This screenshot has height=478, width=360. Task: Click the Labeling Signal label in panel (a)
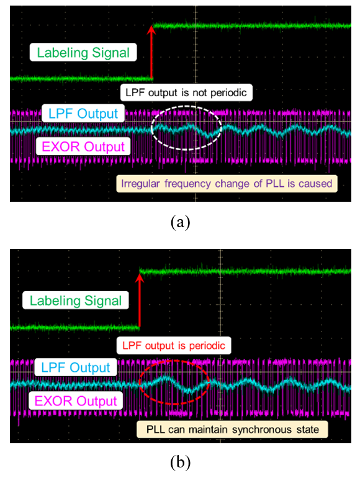pyautogui.click(x=83, y=52)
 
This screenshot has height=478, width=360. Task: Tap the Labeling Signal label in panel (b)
pyautogui.click(x=76, y=300)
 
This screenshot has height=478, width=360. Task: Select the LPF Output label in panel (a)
pyautogui.click(x=83, y=114)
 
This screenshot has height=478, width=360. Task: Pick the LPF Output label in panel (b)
pyautogui.click(x=76, y=368)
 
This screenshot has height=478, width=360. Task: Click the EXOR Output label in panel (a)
pyautogui.click(x=83, y=147)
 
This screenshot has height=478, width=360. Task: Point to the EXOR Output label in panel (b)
pyautogui.click(x=76, y=400)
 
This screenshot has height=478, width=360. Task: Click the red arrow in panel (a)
pyautogui.click(x=151, y=52)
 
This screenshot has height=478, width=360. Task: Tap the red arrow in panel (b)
pyautogui.click(x=140, y=300)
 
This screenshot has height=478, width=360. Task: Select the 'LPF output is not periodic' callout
pyautogui.click(x=186, y=92)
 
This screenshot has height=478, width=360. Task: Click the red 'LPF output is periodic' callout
pyautogui.click(x=174, y=345)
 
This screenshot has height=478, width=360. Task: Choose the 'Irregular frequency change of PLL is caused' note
pyautogui.click(x=227, y=184)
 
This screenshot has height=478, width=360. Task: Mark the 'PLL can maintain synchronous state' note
pyautogui.click(x=232, y=430)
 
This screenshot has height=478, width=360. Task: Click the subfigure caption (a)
pyautogui.click(x=181, y=222)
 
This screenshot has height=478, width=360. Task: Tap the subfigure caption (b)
pyautogui.click(x=181, y=462)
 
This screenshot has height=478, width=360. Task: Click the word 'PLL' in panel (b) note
pyautogui.click(x=156, y=430)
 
